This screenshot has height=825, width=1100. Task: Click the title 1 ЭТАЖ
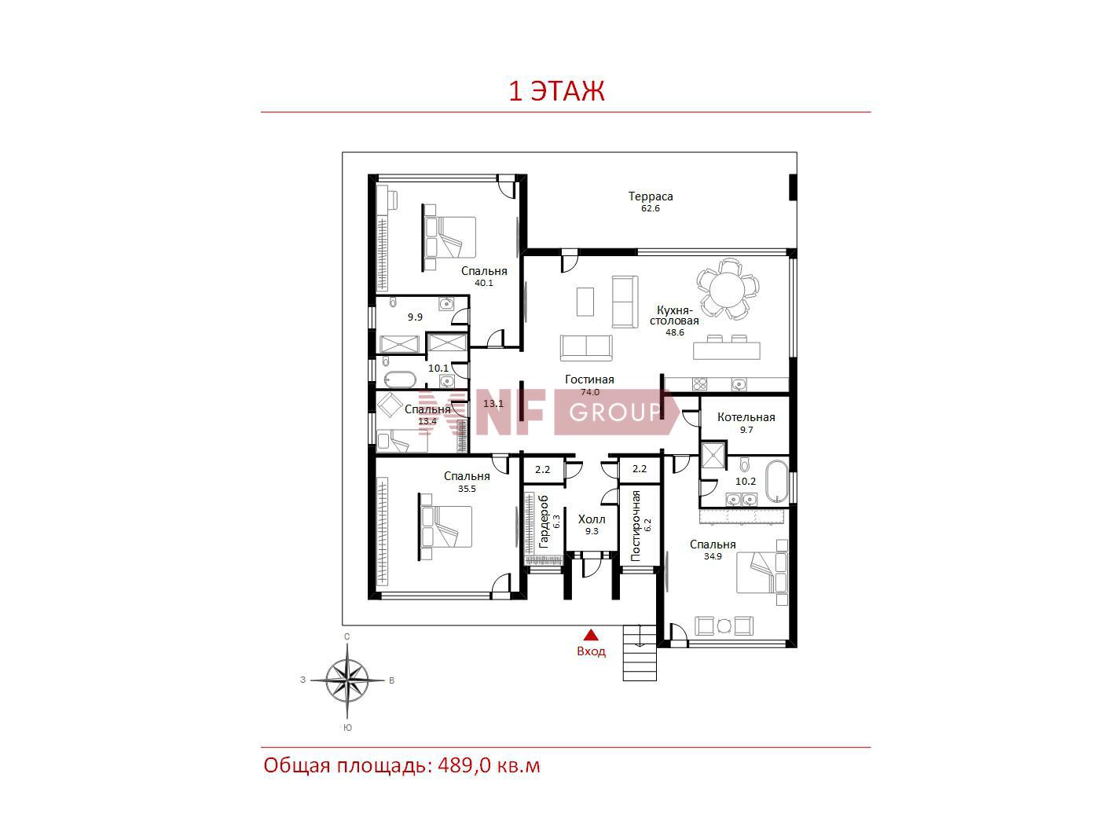(x=557, y=91)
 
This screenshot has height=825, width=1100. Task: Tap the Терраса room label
(x=650, y=196)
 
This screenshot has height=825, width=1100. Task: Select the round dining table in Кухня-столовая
(x=728, y=288)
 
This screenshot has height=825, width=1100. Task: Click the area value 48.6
(x=674, y=332)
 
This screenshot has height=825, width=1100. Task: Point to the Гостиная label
(x=588, y=379)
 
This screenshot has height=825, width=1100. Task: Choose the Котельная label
(x=746, y=417)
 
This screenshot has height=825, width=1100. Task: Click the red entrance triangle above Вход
(x=591, y=635)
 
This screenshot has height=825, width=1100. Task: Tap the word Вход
(x=591, y=651)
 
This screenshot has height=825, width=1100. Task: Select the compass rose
(x=346, y=680)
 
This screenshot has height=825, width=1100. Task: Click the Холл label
(x=592, y=519)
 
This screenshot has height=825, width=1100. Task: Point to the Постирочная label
(x=636, y=526)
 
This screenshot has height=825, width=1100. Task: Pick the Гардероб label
(x=544, y=522)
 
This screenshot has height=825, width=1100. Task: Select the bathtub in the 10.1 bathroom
(x=399, y=380)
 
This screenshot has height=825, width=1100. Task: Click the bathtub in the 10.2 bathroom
(x=777, y=481)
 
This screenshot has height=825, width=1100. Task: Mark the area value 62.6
(x=650, y=208)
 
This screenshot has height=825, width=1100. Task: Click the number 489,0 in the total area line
(x=464, y=766)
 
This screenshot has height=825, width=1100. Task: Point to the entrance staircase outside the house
(x=640, y=653)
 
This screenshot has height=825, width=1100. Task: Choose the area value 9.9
(x=415, y=317)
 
